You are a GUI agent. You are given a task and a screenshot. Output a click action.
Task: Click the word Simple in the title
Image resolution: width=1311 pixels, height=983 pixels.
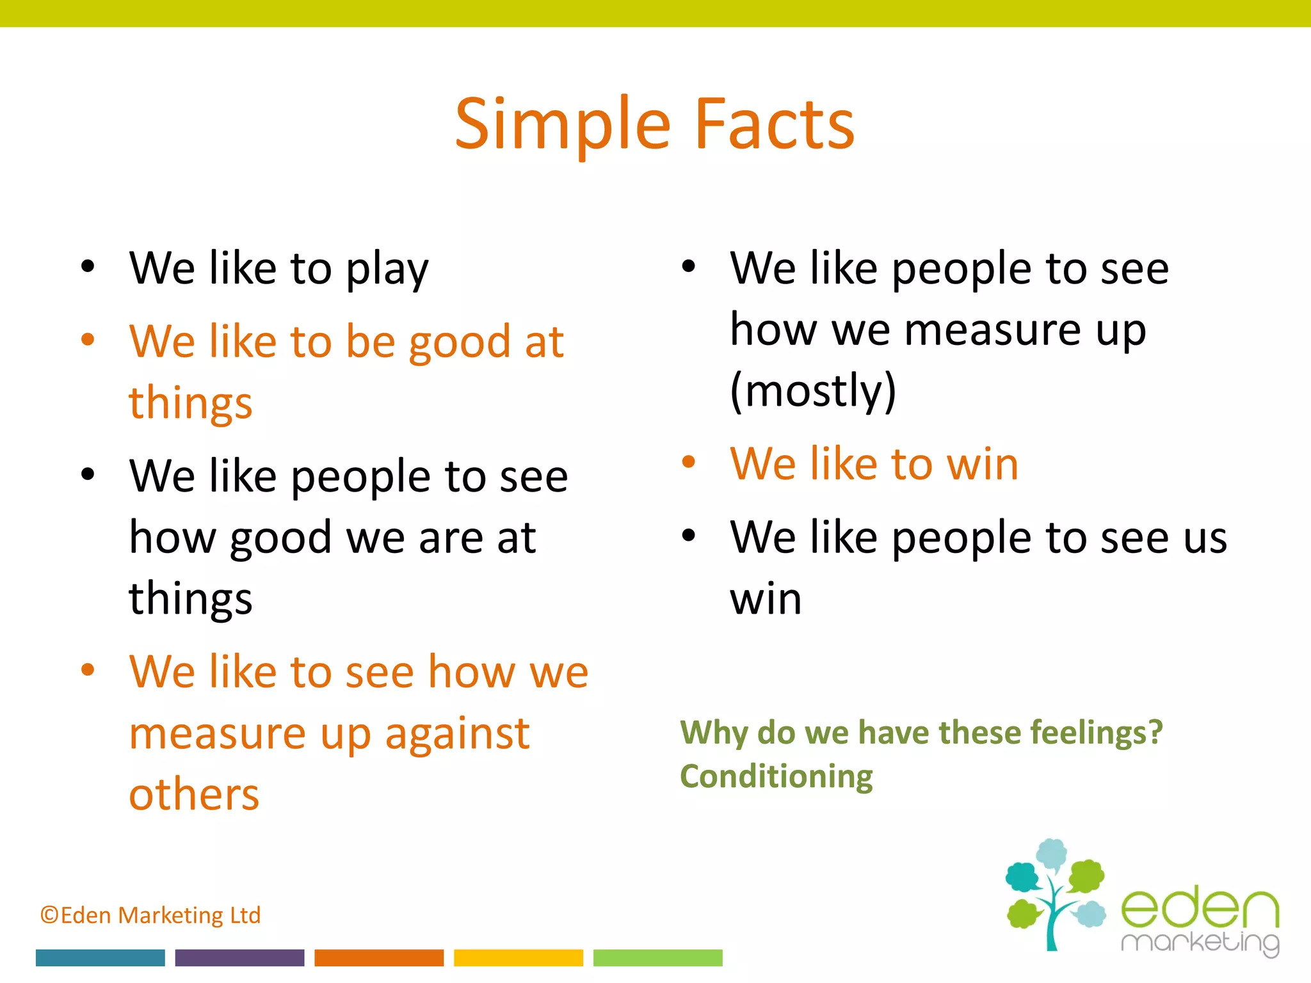click(562, 125)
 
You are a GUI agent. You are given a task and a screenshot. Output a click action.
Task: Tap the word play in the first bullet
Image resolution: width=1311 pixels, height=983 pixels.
click(387, 269)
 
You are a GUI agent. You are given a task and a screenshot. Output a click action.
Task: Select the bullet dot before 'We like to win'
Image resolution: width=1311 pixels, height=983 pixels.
click(689, 461)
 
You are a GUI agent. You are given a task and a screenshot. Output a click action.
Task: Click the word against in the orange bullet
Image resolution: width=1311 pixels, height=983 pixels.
click(457, 734)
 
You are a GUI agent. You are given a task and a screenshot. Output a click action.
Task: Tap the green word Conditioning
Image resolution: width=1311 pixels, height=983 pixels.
click(776, 776)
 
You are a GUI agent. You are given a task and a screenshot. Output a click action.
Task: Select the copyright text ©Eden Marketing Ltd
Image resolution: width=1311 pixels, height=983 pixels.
click(150, 915)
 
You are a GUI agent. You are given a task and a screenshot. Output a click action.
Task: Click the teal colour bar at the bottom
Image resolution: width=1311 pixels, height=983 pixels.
click(101, 957)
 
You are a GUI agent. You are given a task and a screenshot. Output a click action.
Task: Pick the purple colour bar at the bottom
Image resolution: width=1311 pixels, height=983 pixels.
click(239, 957)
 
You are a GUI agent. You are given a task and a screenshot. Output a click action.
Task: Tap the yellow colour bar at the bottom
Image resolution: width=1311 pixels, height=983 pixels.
click(519, 957)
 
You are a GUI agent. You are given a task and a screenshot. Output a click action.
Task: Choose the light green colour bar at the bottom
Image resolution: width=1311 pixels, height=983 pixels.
click(657, 957)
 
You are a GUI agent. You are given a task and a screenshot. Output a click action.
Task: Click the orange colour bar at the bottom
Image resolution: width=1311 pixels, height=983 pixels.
click(379, 957)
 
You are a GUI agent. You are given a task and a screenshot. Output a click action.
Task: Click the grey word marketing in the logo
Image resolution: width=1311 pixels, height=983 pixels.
click(1200, 943)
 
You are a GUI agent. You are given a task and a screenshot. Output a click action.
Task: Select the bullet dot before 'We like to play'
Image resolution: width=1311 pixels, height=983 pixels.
click(88, 266)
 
